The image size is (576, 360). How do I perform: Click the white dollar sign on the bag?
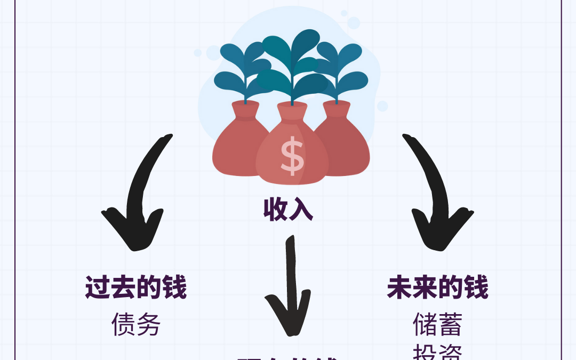292,155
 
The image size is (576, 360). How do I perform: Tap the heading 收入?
288,210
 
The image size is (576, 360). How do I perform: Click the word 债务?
136,324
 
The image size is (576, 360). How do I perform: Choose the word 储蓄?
437,324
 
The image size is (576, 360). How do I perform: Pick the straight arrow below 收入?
290,288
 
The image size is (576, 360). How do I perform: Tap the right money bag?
344,147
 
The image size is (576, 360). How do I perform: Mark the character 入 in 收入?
301,210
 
